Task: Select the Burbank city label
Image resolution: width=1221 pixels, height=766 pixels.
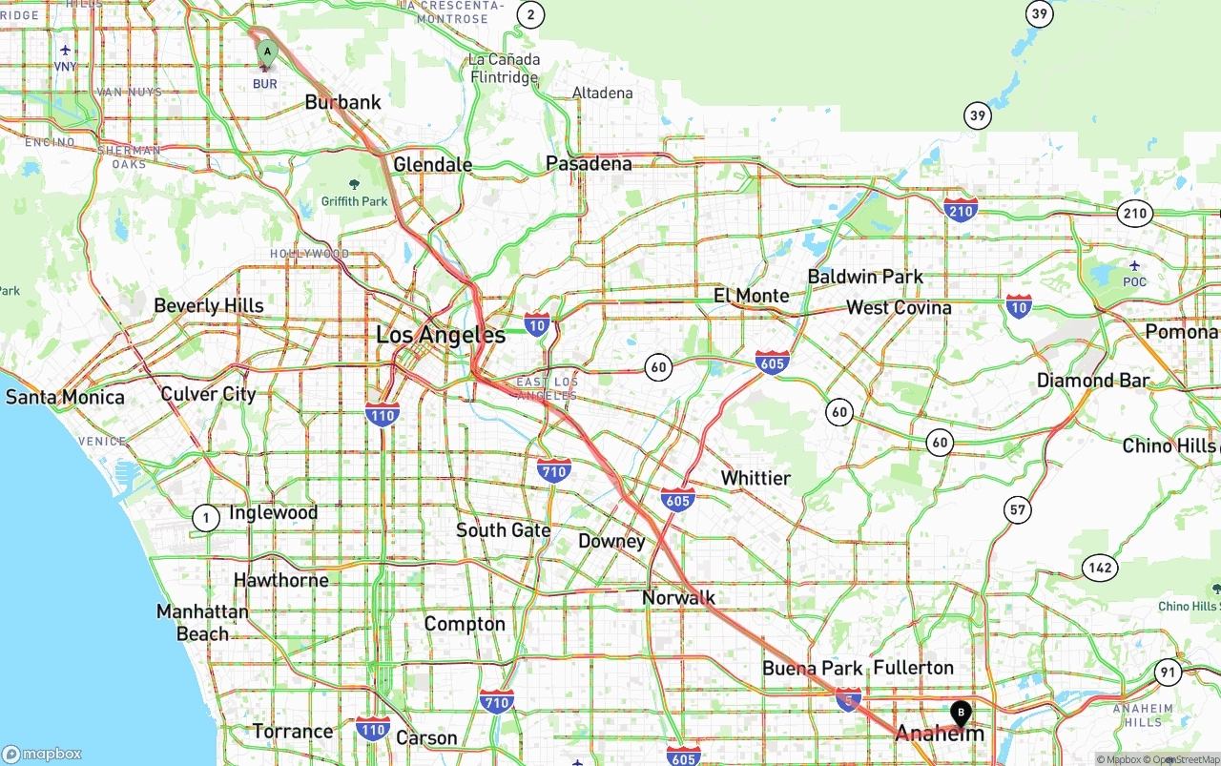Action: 342,102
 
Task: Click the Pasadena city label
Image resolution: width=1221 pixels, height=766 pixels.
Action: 589,164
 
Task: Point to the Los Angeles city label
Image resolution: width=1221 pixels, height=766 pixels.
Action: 441,335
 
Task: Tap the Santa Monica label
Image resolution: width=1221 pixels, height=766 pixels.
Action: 65,397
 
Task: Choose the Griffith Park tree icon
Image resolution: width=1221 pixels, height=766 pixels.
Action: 355,184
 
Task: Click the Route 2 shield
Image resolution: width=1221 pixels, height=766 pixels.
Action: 530,14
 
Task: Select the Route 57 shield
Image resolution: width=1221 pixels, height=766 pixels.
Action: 1018,509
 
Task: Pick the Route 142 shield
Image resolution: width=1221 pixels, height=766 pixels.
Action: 1100,568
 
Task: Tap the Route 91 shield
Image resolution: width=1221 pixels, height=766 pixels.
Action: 1168,673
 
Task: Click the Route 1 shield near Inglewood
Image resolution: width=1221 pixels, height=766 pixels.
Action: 205,518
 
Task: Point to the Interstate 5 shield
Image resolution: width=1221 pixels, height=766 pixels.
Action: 848,697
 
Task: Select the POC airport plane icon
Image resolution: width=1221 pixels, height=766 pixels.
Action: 1134,265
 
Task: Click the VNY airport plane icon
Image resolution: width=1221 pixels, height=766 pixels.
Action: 65,51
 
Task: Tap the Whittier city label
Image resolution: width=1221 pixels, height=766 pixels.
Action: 755,478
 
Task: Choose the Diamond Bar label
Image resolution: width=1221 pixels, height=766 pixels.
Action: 1093,381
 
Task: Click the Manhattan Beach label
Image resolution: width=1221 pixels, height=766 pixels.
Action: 202,622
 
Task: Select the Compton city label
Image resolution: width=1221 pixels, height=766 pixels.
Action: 465,624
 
